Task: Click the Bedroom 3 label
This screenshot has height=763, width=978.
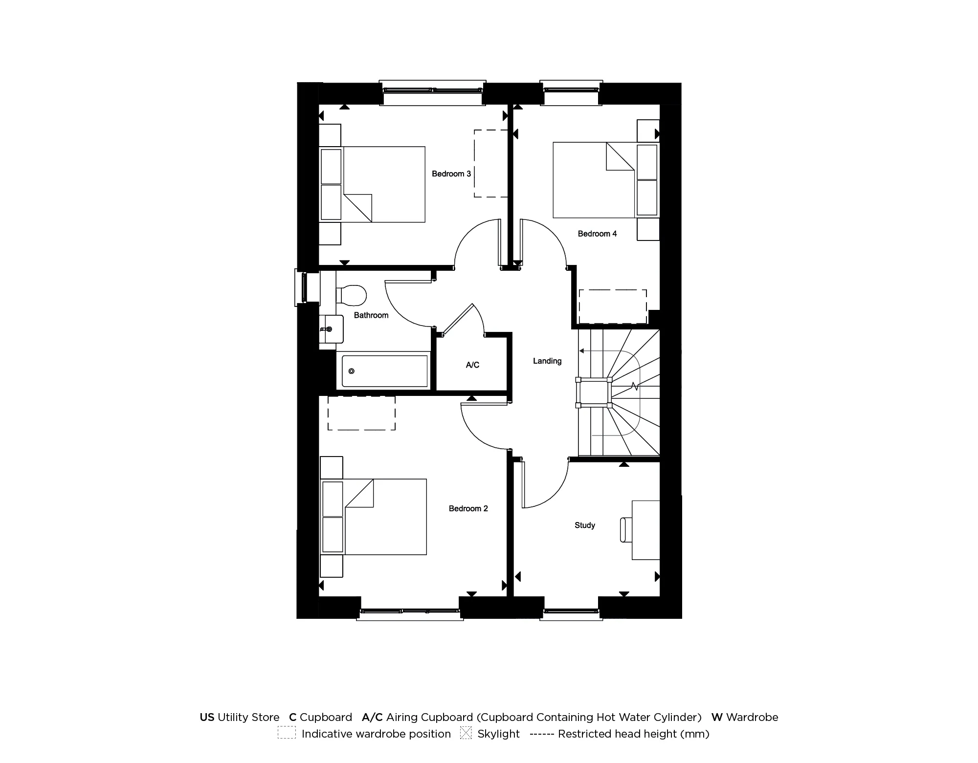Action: click(451, 174)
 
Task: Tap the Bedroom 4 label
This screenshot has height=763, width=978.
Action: click(597, 234)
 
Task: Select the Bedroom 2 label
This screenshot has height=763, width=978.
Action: click(468, 508)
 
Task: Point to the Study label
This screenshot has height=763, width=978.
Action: click(584, 525)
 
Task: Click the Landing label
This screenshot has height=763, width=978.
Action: click(547, 361)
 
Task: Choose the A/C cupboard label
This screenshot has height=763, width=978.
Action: click(472, 365)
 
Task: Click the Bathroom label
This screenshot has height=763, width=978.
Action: click(371, 315)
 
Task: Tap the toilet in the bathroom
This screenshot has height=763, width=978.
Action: click(352, 295)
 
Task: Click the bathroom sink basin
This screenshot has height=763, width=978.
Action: click(331, 328)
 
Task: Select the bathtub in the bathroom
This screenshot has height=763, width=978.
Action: click(384, 371)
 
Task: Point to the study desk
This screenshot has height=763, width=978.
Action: click(645, 529)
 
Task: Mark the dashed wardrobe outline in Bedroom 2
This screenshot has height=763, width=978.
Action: click(361, 413)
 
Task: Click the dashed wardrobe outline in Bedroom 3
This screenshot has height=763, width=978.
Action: click(490, 164)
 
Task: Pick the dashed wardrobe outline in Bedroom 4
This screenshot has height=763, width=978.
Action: click(613, 306)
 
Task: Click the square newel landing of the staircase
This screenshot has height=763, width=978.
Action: click(594, 392)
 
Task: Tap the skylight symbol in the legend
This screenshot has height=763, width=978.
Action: click(466, 733)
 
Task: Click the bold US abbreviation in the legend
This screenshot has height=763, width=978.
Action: click(207, 717)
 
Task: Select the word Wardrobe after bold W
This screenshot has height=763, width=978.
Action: click(752, 717)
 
